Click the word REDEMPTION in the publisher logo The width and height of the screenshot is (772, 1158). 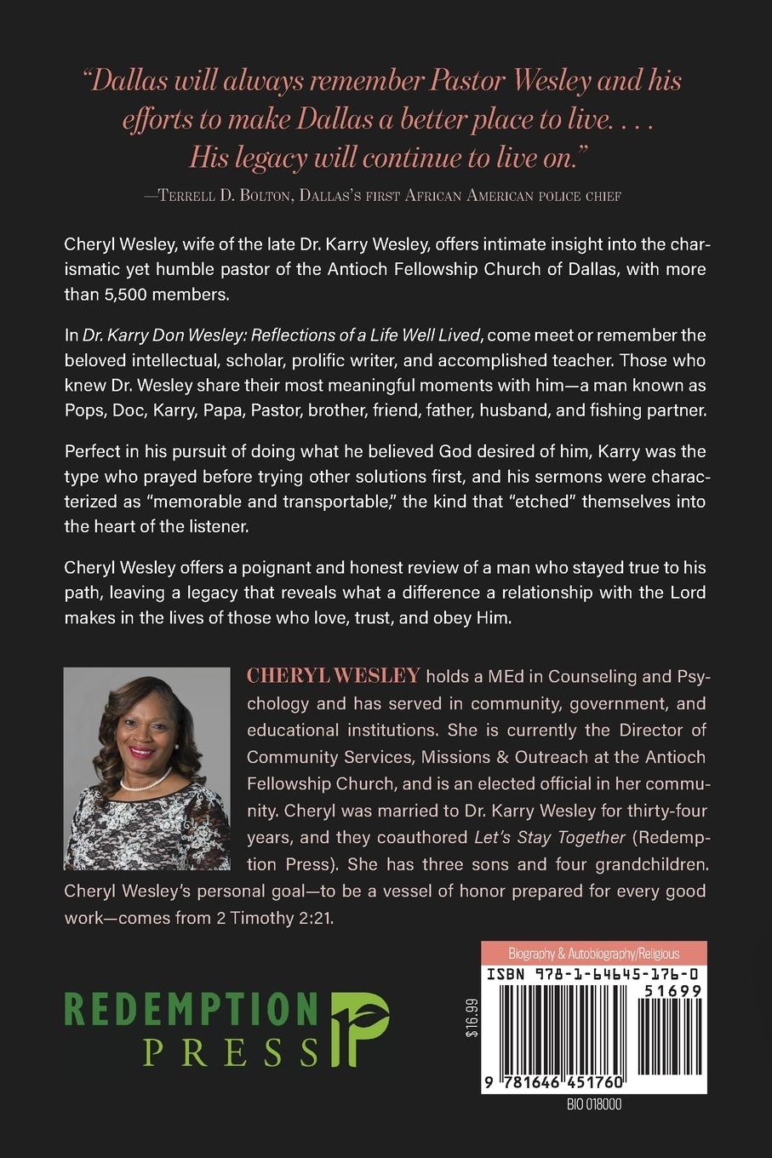tap(192, 1009)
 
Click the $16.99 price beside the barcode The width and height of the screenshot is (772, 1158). tap(472, 1018)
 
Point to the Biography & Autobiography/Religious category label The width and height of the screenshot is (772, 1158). tap(593, 953)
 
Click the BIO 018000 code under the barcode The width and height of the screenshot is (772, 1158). tap(593, 1104)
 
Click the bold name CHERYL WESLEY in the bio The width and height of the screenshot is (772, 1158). tap(333, 676)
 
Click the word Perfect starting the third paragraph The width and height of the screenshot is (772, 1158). tap(91, 450)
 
